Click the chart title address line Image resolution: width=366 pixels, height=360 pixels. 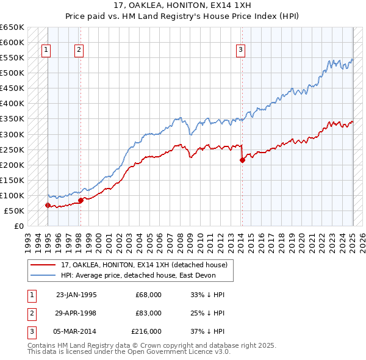click(x=182, y=5)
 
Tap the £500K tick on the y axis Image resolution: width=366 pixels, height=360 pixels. click(x=12, y=73)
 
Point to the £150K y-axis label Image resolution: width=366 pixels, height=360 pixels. click(x=12, y=180)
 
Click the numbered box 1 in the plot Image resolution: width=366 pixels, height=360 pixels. click(x=47, y=51)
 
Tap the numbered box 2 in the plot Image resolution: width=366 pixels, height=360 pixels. click(x=79, y=51)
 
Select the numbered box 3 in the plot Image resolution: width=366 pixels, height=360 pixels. click(x=241, y=51)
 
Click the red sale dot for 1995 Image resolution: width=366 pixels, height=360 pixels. click(x=48, y=205)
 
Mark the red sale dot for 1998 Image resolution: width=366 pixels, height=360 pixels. click(x=81, y=200)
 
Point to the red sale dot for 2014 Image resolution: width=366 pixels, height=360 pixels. click(x=242, y=160)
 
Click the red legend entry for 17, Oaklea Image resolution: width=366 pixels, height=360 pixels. click(x=143, y=265)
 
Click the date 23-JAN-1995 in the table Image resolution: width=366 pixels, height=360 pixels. click(x=76, y=295)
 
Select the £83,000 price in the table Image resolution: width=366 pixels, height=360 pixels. click(x=149, y=313)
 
